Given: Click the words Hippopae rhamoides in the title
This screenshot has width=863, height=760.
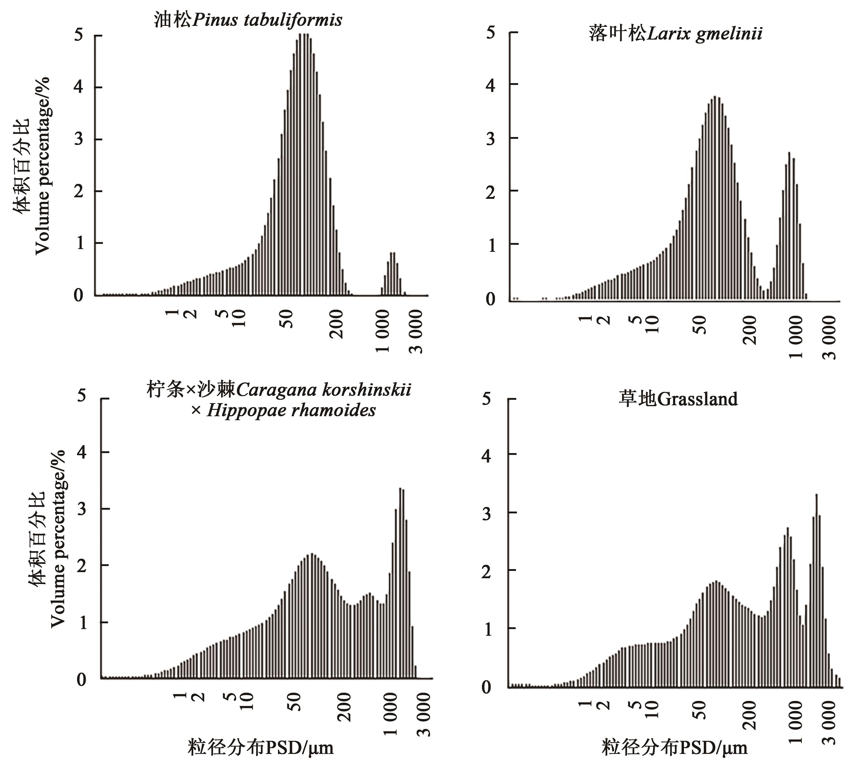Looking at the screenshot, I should pos(291,410).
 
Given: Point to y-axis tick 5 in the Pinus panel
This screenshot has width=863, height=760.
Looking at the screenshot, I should pos(79,35).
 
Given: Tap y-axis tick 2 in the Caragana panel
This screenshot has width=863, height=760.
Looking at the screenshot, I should pos(82,565).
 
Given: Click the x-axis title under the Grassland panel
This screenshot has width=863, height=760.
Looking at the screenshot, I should pos(674,747).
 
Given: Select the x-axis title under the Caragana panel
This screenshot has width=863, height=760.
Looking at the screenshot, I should pos(261,747).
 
